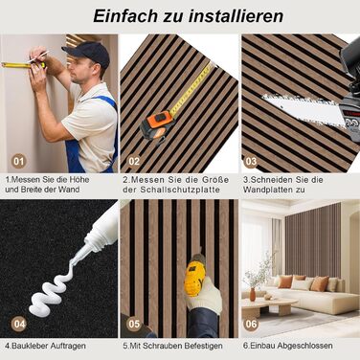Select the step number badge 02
tap(134, 160)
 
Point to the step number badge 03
tap(252, 160)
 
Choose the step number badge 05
tap(134, 323)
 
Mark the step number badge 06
tap(252, 323)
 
